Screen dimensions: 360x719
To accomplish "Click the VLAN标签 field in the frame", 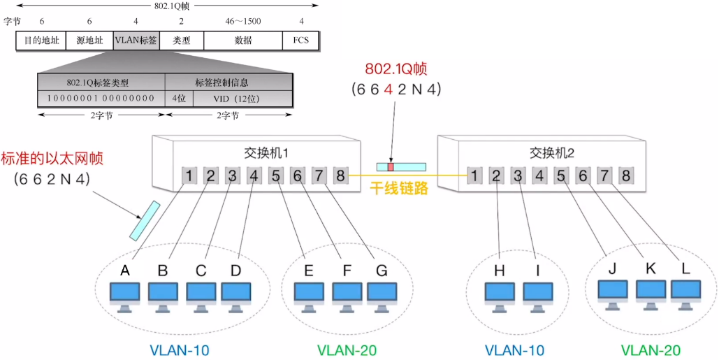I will tap(136, 41).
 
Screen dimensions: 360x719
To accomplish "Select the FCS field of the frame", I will tap(301, 41).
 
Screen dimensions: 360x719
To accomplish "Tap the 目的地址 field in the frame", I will tap(41, 41).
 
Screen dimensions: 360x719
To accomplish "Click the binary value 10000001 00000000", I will tap(101, 98).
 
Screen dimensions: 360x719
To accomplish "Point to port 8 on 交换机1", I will tap(340, 175).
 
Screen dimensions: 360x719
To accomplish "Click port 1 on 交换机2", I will tap(474, 175).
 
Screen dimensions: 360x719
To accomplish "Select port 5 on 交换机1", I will tap(276, 175).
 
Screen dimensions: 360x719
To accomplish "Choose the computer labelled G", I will tap(381, 296).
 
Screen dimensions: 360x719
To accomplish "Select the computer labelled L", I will tap(685, 294).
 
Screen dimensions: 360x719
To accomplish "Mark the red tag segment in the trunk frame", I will tap(391, 166).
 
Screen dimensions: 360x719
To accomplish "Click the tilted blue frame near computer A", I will tap(144, 221).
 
